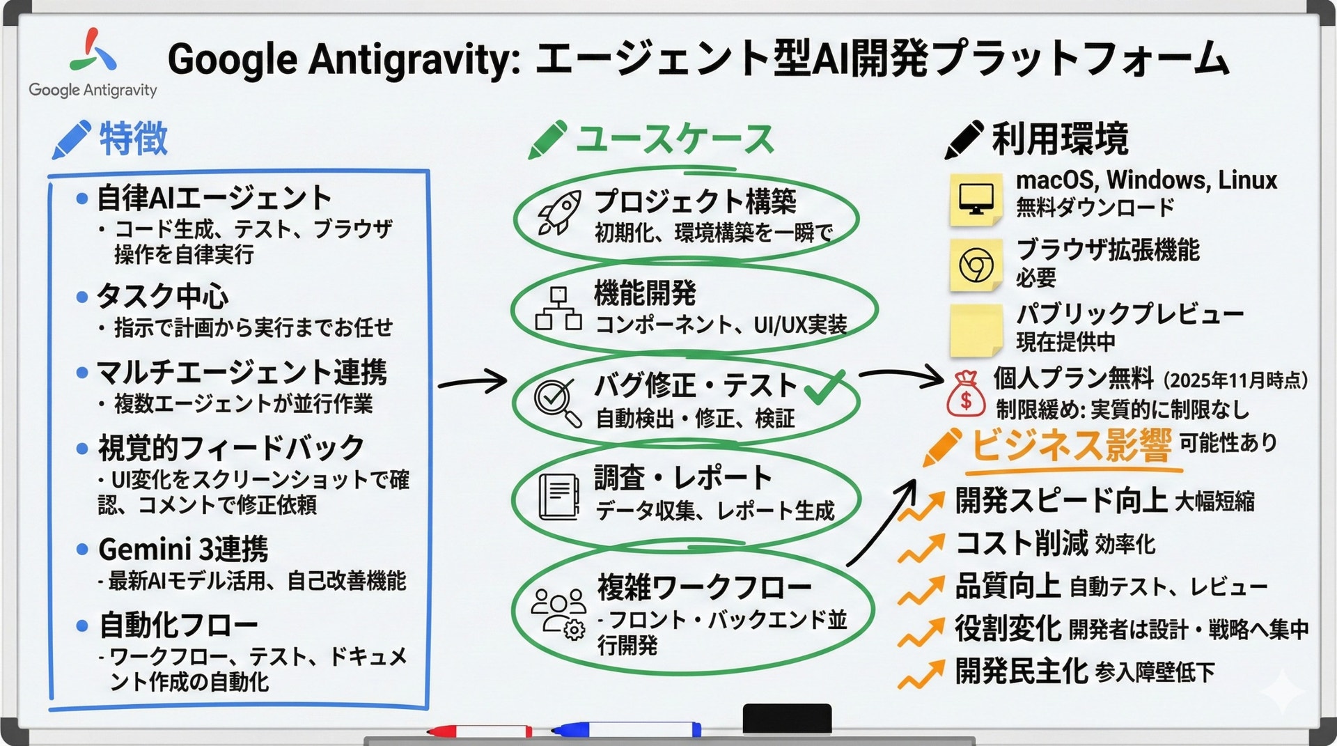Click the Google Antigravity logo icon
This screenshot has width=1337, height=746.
click(x=93, y=50)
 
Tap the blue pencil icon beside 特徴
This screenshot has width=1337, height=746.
click(x=71, y=139)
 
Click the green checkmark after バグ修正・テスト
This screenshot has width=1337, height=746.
click(x=824, y=387)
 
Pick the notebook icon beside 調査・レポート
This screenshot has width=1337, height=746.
click(x=559, y=497)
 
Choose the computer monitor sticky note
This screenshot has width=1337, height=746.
click(x=976, y=200)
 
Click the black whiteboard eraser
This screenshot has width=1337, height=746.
click(x=787, y=718)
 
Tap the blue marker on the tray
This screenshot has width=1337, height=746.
click(x=626, y=729)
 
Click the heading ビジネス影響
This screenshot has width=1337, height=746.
click(x=1071, y=446)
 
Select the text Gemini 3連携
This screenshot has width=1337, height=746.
click(x=183, y=550)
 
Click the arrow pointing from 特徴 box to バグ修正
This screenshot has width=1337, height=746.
click(x=473, y=381)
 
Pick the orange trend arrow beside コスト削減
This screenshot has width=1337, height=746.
click(x=921, y=548)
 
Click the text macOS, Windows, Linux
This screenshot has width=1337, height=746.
click(x=1146, y=180)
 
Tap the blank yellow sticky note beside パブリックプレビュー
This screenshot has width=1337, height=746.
click(x=976, y=330)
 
